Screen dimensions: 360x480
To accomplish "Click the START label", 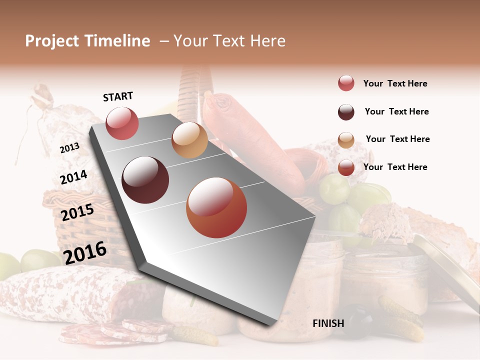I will (118, 96).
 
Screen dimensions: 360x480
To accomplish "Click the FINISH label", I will (328, 323).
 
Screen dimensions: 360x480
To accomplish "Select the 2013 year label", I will (69, 148).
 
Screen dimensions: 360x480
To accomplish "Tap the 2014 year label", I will (73, 177).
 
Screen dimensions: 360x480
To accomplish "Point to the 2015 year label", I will (77, 212).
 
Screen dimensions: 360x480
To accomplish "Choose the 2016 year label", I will (85, 252).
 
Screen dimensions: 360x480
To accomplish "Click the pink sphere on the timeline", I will (122, 123).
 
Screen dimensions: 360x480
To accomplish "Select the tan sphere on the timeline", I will (189, 140).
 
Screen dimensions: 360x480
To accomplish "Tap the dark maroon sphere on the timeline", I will (145, 180).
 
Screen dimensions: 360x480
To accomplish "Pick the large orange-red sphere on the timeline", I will (216, 207).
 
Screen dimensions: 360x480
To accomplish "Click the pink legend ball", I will (346, 83).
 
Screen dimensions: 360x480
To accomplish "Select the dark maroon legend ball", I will (346, 112).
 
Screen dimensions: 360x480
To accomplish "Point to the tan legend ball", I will (346, 140).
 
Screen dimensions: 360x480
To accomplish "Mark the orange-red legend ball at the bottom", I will (346, 167).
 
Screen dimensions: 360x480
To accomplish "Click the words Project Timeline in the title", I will (87, 41).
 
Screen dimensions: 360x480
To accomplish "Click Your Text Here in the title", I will (229, 41).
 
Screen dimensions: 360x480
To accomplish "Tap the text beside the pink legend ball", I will (395, 84).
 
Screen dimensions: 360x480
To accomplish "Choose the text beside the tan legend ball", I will (397, 139).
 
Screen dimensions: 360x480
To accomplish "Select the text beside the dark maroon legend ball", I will (396, 111).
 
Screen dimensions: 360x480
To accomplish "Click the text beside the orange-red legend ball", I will (395, 167).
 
